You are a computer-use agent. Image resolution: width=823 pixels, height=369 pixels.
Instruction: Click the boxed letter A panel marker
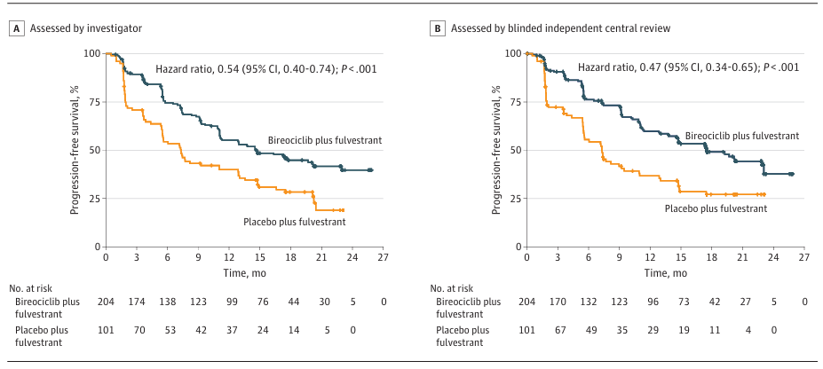point(16,28)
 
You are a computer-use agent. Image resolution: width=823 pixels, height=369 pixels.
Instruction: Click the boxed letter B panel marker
point(437,28)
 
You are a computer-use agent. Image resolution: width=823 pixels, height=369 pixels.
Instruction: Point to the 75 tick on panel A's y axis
point(93,101)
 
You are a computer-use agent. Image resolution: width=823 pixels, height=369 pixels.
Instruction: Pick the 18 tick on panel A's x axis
point(292,258)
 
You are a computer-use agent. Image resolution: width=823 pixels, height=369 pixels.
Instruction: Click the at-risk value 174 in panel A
point(137,302)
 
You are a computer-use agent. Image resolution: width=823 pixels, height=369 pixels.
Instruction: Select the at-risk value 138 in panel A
point(168,302)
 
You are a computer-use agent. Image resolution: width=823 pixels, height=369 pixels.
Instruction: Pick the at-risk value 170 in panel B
point(558,302)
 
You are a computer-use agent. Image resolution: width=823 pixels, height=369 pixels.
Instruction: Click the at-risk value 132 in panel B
point(589,302)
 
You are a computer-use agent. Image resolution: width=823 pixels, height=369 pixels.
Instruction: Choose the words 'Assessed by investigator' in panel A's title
point(86,28)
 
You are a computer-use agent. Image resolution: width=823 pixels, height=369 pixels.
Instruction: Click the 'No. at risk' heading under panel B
point(458,288)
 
